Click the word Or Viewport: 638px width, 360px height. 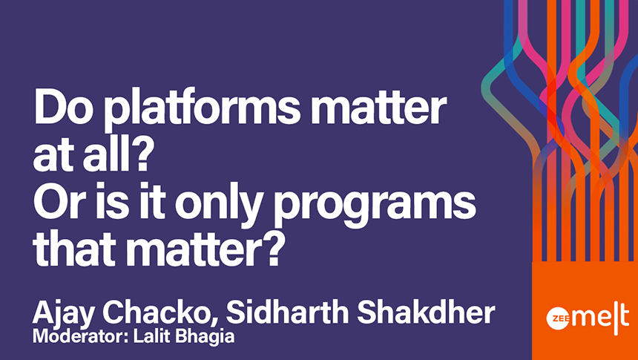57,202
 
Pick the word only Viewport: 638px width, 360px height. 217,206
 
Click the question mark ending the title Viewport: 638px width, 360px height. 272,249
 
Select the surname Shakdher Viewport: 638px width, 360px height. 426,312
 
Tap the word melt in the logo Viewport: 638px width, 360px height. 599,318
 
